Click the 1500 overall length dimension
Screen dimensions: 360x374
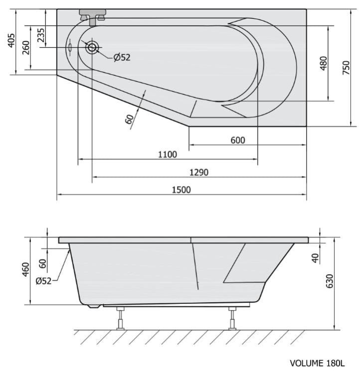tap(181, 190)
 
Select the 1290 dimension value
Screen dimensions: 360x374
tap(199, 172)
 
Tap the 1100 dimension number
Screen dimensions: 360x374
tap(168, 155)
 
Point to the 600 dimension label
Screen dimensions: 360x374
tap(238, 140)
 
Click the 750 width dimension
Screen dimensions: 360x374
tap(346, 67)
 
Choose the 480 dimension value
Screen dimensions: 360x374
tap(324, 63)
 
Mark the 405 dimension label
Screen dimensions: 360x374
tap(11, 40)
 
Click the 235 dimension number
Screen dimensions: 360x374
tap(41, 35)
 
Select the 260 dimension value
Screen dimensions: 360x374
tap(26, 48)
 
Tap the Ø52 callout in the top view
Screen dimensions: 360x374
tap(122, 57)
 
